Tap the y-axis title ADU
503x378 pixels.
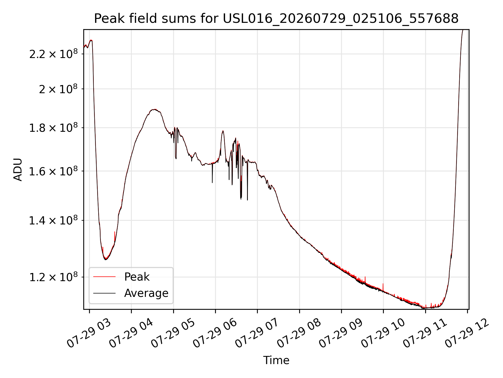click(18, 170)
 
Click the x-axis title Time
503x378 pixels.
click(276, 360)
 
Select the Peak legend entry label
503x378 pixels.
click(137, 277)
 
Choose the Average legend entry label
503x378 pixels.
click(146, 293)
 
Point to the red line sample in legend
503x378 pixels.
click(104, 277)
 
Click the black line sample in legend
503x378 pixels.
click(104, 293)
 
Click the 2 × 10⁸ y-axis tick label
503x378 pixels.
click(58, 89)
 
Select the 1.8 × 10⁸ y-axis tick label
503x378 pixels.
click(53, 128)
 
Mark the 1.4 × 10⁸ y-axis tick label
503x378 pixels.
click(53, 220)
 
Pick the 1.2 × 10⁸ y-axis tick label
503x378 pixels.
click(53, 277)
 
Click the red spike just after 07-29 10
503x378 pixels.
click(383, 287)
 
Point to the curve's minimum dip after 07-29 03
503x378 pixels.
click(106, 259)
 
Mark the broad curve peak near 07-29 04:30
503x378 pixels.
click(155, 110)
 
